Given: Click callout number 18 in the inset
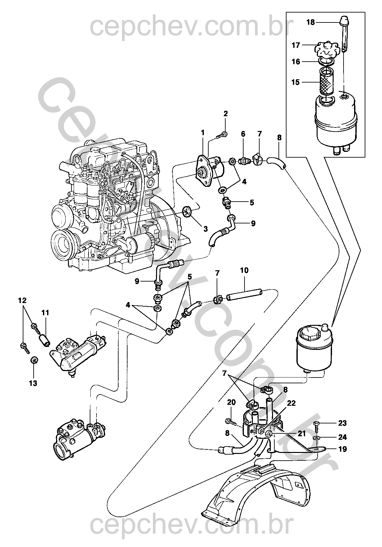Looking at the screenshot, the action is pyautogui.click(x=311, y=22).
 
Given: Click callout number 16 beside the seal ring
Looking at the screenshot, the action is pyautogui.click(x=296, y=62).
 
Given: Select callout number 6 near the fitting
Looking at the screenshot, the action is pyautogui.click(x=243, y=134).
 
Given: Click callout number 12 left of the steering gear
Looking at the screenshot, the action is pyautogui.click(x=22, y=300).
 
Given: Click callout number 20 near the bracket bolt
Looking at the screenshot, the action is pyautogui.click(x=231, y=402).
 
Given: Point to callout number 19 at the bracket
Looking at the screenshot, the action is pyautogui.click(x=343, y=449).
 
